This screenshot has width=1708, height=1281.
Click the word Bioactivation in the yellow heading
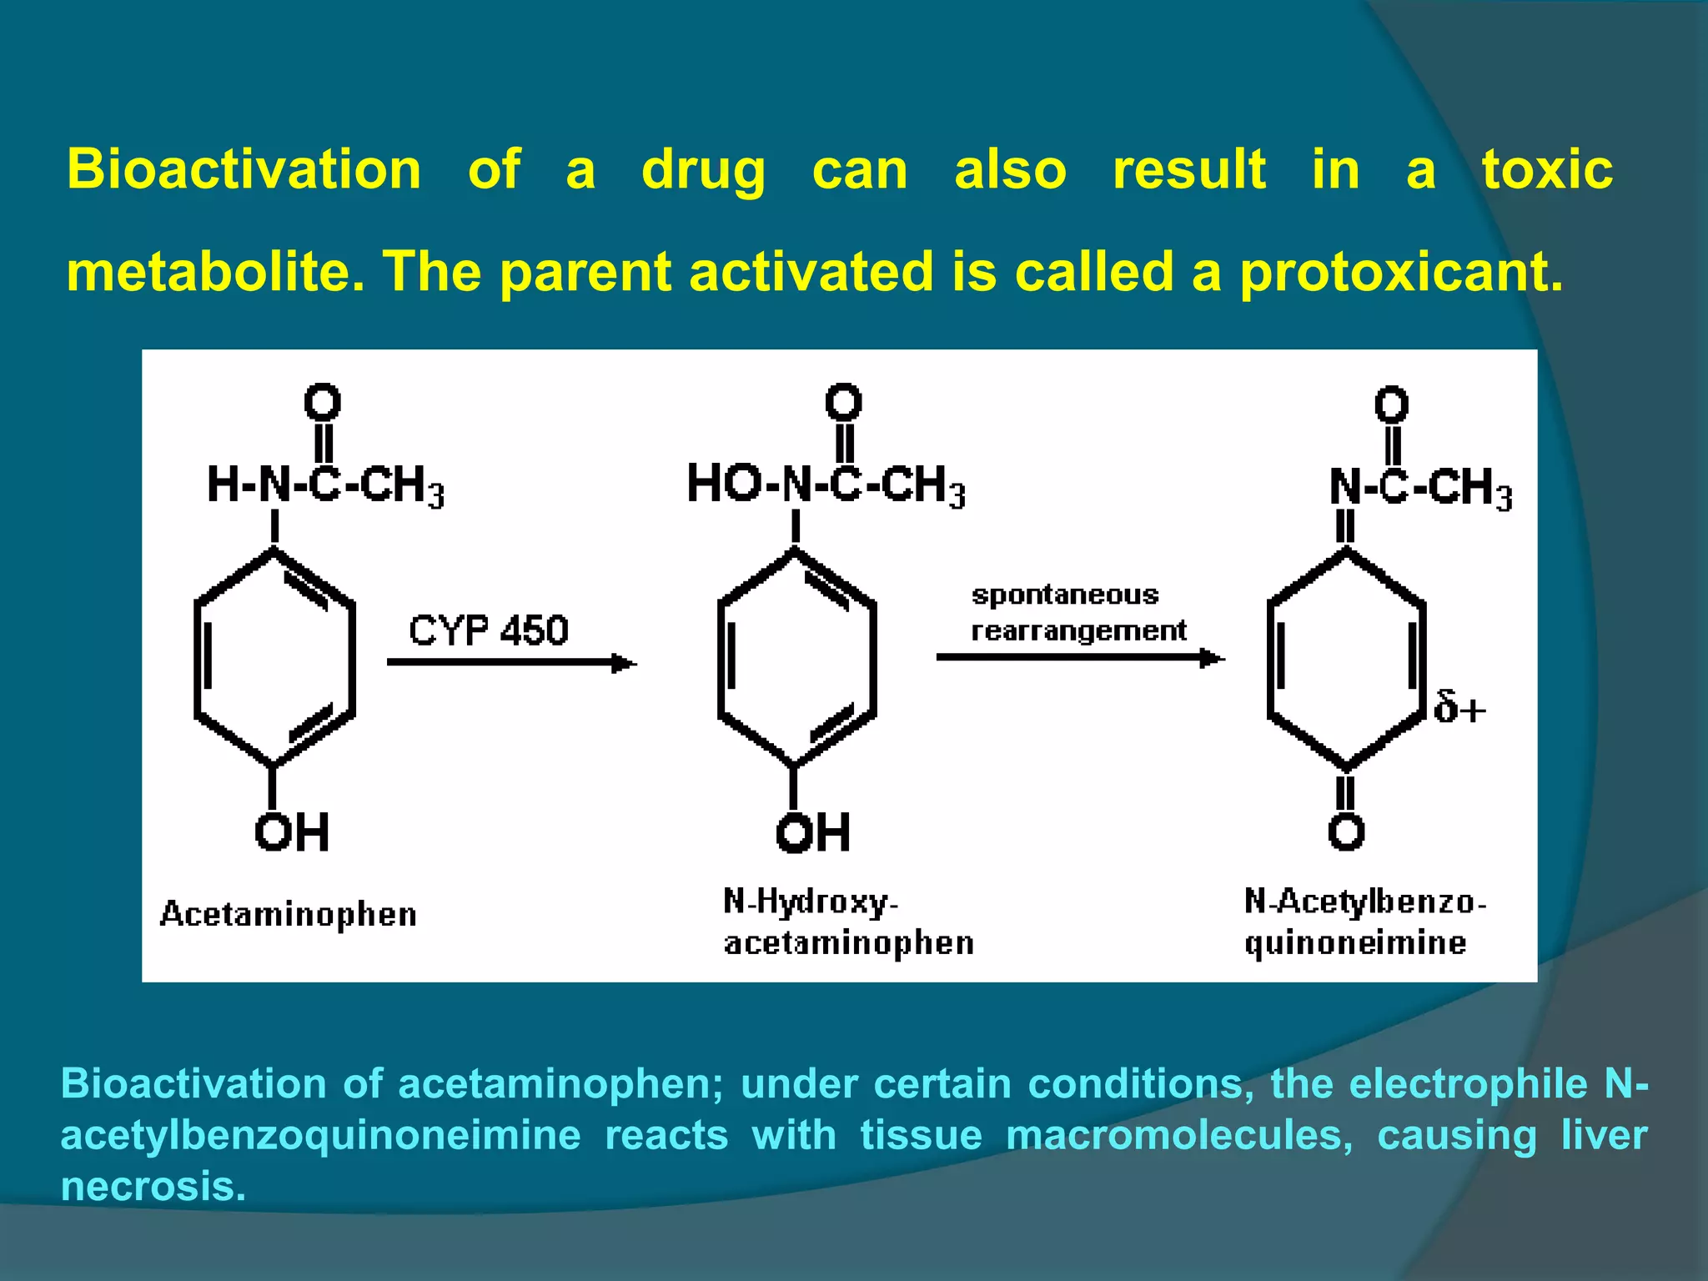pos(244,170)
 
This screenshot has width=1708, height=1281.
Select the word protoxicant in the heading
pos(1400,274)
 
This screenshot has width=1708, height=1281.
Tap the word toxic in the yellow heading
pos(1547,170)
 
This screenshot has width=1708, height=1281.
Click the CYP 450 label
pos(488,630)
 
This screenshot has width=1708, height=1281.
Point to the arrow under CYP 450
pos(511,663)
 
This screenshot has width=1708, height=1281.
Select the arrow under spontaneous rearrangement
pos(1080,658)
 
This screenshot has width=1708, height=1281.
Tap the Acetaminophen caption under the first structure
pos(288,915)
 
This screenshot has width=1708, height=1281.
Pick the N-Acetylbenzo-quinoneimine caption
pos(1364,922)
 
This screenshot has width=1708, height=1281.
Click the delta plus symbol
pos(1459,708)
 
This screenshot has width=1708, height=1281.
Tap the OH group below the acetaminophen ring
pos(292,832)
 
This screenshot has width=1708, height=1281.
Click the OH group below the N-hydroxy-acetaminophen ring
pos(813,832)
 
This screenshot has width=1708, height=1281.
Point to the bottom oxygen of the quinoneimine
pos(1346,832)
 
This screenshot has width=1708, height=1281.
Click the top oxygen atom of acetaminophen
pos(322,403)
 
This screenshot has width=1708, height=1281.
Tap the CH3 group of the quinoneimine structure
pos(1469,488)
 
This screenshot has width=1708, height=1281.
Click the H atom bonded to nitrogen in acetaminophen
pos(223,485)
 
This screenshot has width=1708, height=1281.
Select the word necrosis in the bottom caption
pos(153,1186)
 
